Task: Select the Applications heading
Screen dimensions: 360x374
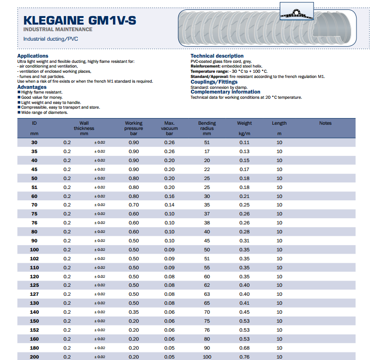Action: [33, 56]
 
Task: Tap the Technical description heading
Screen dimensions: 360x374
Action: [217, 56]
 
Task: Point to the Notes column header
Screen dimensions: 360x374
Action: [325, 123]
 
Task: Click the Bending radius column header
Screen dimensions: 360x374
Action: [207, 126]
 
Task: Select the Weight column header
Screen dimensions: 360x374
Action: [244, 123]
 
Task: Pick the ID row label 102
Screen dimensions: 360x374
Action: [34, 258]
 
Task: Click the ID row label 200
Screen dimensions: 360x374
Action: [34, 357]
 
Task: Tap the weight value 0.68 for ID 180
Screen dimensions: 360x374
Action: [244, 348]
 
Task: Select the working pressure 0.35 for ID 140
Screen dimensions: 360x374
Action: [134, 312]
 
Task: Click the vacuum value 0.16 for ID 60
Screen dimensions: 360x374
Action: [169, 196]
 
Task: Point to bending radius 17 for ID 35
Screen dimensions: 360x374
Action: [207, 151]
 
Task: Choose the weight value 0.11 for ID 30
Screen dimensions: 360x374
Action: [244, 142]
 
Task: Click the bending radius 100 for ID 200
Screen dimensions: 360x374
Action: [207, 357]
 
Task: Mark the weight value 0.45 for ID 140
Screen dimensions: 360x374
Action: [244, 312]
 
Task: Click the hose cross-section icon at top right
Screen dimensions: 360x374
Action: [297, 11]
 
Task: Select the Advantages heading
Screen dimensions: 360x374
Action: [32, 87]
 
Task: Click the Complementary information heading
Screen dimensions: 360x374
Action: [225, 92]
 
